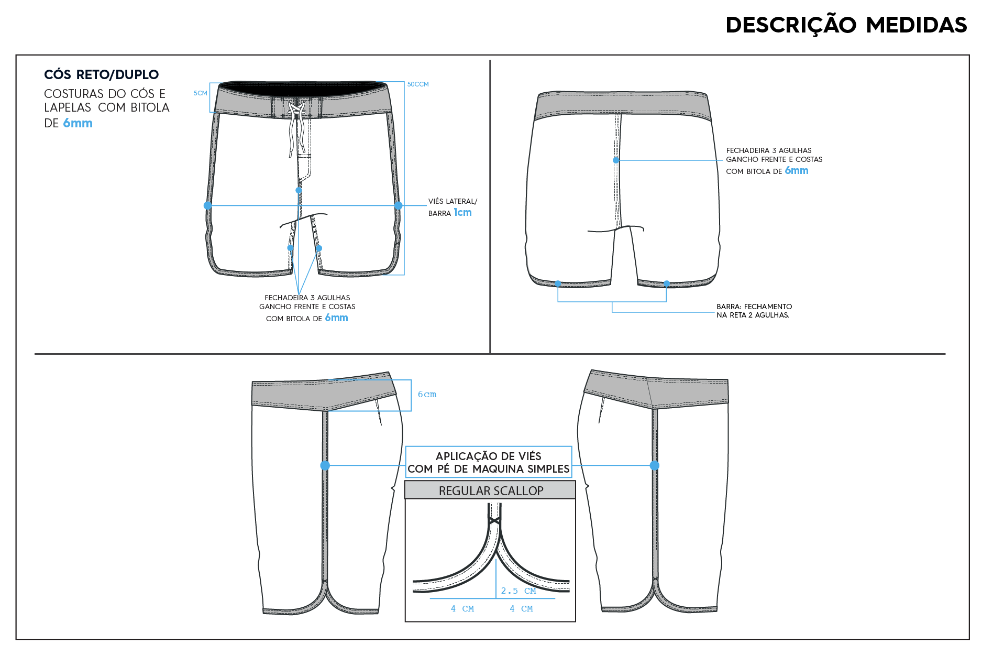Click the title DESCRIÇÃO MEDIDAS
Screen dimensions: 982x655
(846, 25)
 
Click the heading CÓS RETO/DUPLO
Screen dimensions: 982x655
(101, 74)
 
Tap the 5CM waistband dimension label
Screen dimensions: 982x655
(201, 93)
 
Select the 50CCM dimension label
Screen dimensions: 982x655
(418, 84)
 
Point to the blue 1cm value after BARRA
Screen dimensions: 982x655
(462, 212)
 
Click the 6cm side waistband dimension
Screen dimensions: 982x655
(427, 395)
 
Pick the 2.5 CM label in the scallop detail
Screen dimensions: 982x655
(518, 591)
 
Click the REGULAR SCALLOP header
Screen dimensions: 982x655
(491, 491)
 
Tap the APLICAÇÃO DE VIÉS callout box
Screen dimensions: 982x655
(489, 462)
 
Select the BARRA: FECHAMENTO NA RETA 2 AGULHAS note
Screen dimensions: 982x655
(754, 311)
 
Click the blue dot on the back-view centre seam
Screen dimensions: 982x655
(616, 160)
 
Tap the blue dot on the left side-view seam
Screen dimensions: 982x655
(325, 465)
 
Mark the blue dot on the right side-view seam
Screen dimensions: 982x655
(655, 465)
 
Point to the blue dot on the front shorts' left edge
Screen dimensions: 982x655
(208, 205)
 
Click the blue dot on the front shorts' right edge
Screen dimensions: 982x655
(399, 205)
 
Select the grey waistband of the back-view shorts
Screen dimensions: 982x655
(623, 105)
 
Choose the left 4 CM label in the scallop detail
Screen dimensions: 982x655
(462, 609)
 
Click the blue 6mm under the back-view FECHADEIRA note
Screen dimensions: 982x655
(797, 171)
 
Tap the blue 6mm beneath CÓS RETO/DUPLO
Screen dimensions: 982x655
(78, 123)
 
